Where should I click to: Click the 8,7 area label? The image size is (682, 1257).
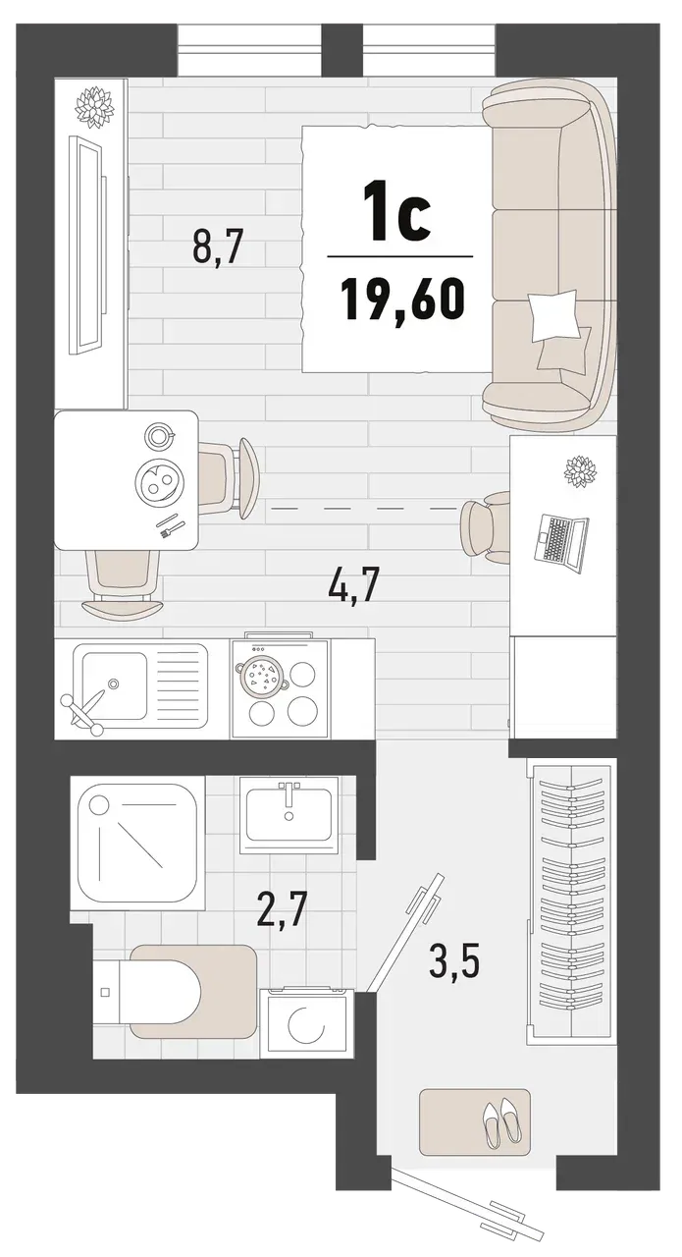click(x=217, y=246)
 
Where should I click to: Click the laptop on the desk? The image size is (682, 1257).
click(x=560, y=539)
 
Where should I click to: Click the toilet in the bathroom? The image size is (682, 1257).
click(x=177, y=991)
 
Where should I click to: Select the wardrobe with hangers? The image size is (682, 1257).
click(x=569, y=901)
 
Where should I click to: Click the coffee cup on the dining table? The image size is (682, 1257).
click(x=158, y=434)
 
